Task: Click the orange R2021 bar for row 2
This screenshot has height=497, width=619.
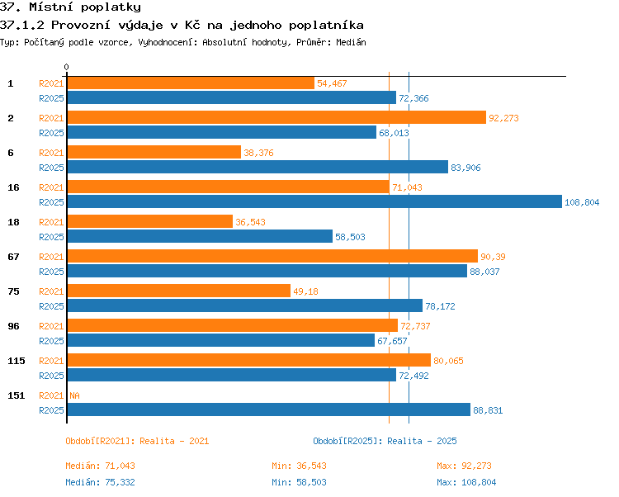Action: [276, 117]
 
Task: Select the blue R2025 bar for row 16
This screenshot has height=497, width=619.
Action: [314, 201]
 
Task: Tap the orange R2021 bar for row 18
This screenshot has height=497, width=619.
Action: [150, 221]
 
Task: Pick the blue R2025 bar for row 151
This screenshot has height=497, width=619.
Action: [269, 409]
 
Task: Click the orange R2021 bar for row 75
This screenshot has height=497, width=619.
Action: [179, 291]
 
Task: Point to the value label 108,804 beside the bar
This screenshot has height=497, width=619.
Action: [582, 202]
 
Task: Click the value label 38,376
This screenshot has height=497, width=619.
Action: [258, 153]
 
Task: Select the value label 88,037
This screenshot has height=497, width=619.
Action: [484, 272]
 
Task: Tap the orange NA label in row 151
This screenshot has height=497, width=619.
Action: [74, 395]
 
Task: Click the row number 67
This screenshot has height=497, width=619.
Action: [13, 257]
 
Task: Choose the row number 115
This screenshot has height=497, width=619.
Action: [17, 361]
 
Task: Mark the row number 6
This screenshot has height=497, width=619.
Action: [11, 153]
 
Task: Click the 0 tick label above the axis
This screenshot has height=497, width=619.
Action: [66, 67]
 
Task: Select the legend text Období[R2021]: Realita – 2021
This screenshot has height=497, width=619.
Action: [137, 441]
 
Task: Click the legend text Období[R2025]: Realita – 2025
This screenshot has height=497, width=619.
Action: [385, 441]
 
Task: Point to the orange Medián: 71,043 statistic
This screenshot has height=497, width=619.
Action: [100, 466]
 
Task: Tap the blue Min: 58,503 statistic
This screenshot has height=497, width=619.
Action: [299, 482]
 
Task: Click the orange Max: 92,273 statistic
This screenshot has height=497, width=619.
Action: [464, 466]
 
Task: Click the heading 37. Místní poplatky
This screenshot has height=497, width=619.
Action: [70, 7]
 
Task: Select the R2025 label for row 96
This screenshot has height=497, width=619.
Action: [51, 341]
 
